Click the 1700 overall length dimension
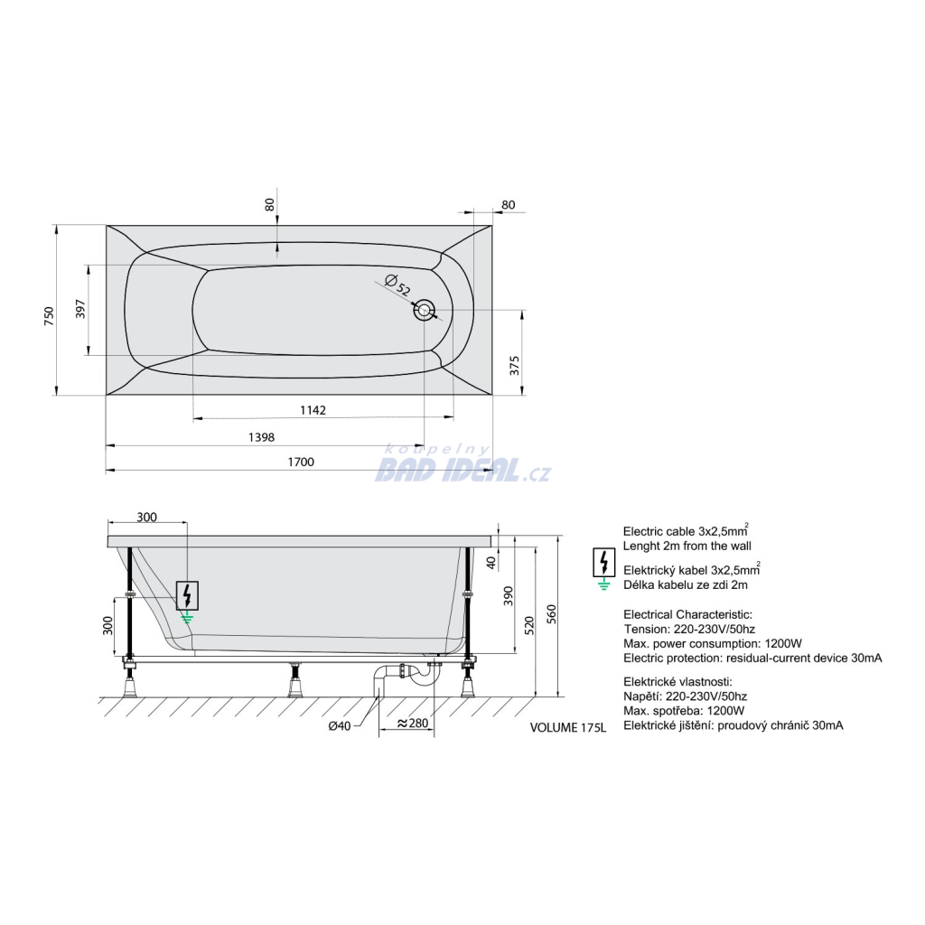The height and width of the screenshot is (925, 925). pos(301,462)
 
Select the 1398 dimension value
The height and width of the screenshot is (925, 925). pos(261,437)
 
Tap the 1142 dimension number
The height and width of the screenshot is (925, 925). pos(313,410)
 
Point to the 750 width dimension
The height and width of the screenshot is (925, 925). pos(49,316)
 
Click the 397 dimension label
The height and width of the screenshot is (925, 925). pos(80,309)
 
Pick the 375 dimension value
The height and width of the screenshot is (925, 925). pos(514,365)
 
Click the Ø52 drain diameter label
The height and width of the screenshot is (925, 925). pos(397,285)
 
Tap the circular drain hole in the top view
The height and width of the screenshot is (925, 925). pos(425,310)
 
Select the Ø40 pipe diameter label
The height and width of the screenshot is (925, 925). pos(340,726)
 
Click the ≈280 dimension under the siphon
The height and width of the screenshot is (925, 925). pos(412,724)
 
